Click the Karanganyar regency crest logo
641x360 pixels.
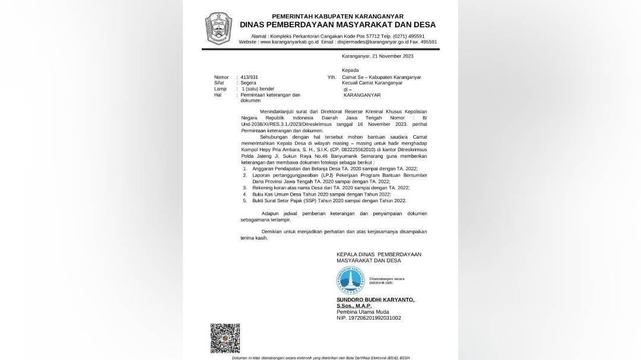pos(218,28)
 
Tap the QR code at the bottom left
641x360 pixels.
pos(225,338)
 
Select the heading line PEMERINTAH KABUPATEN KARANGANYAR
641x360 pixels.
pos(338,16)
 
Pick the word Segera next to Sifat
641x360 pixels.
pos(249,83)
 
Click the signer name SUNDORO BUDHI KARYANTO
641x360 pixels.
pos(376,300)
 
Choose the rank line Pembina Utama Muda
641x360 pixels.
pos(362,312)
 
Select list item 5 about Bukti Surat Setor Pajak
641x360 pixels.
pos(329,200)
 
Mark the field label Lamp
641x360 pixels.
pos(220,89)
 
